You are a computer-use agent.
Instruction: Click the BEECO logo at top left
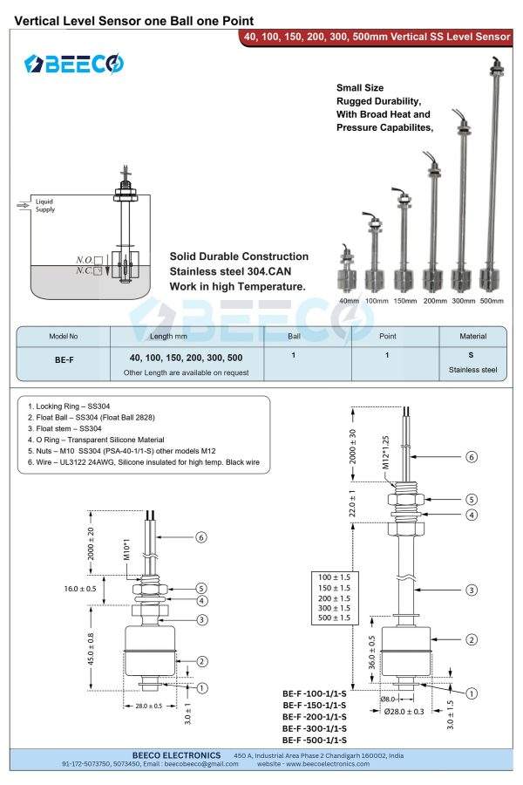74,64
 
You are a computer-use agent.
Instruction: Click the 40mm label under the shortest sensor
349,301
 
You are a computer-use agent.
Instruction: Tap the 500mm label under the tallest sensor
492,301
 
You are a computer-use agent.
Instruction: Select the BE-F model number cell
64,360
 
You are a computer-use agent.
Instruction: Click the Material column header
473,337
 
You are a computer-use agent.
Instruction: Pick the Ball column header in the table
294,337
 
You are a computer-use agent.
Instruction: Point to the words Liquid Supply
44,205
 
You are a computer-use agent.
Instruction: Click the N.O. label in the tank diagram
84,260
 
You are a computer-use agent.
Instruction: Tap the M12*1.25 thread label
385,452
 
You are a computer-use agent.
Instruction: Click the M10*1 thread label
126,549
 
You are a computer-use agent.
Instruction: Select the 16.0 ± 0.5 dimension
80,589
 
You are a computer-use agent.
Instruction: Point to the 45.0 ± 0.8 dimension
91,649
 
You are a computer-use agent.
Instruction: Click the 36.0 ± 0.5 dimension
372,652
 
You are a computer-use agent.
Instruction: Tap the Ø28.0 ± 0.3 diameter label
404,712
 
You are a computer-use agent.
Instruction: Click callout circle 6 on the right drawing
472,456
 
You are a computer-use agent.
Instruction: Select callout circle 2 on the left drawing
202,662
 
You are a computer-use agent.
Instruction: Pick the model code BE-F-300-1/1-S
315,728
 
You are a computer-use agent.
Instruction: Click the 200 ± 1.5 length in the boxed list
335,598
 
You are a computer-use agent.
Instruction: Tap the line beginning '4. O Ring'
96,440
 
